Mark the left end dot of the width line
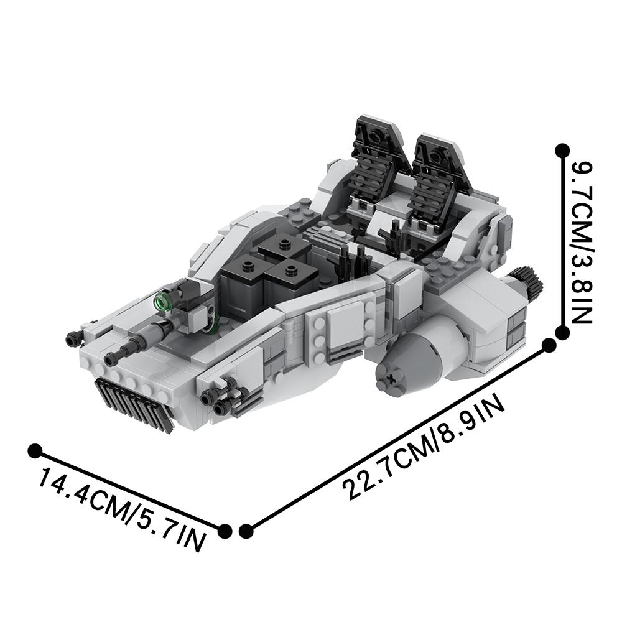[35, 450]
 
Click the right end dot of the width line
[225, 530]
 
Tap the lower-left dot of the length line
[246, 530]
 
